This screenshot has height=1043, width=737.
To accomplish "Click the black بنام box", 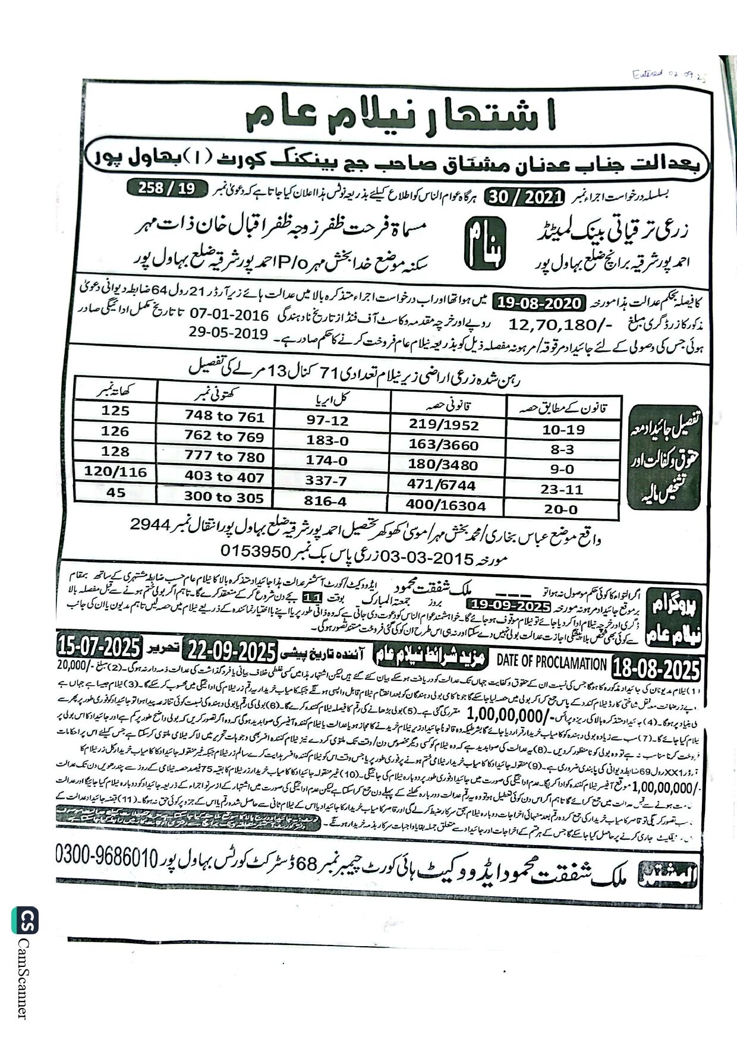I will tap(485, 242).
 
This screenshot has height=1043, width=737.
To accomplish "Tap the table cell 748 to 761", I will tap(224, 417).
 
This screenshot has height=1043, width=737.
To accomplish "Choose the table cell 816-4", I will tap(325, 501).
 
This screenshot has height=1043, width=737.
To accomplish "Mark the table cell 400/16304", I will tap(446, 506).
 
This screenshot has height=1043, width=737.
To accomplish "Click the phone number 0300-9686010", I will tap(108, 856).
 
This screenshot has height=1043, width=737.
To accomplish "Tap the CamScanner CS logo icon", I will tap(24, 921).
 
